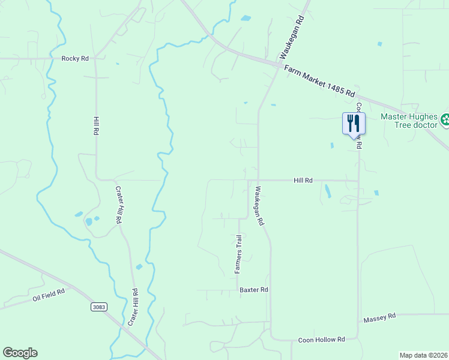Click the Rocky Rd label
coord(75,58)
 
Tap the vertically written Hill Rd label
coord(95,125)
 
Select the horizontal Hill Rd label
coord(303,180)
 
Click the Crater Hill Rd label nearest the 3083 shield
coord(133,307)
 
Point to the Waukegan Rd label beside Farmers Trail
coord(259,205)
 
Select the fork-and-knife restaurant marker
coord(354,124)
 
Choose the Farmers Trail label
coord(238,254)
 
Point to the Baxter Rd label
coord(253,289)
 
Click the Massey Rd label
coord(380,316)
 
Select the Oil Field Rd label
coord(51,295)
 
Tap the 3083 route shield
coord(100,307)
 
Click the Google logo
coord(20,353)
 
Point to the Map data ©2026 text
coord(423,355)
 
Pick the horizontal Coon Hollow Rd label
coord(321,340)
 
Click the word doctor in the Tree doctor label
coord(425,125)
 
